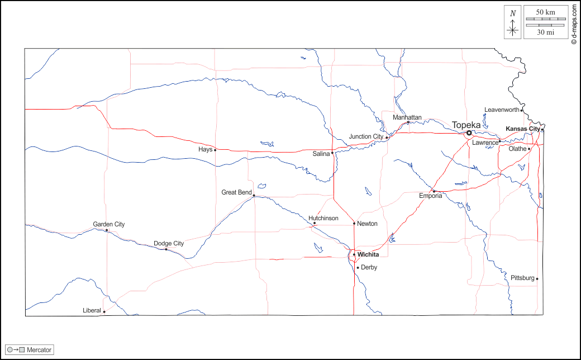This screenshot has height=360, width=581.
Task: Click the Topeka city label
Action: coord(466,125)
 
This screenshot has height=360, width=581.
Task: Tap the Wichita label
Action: coord(368,255)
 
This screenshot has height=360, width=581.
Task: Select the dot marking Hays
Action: coord(215,150)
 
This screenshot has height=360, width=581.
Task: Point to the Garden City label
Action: coord(109,224)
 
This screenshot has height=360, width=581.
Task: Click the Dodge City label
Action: coord(169,243)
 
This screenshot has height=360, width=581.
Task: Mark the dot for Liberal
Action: coord(104,312)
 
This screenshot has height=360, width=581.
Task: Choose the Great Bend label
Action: coord(236,192)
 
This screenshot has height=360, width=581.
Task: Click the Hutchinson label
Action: coord(323,218)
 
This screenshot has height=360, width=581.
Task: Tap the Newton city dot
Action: coord(354,224)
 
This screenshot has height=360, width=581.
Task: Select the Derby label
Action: coord(369,267)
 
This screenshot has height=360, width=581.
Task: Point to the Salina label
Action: coord(321,154)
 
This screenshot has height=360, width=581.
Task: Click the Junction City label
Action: coord(366,136)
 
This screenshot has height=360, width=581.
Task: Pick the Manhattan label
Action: coord(407,117)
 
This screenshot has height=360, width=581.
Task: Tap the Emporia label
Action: coord(431,196)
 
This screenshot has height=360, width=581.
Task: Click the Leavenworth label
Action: coord(502,110)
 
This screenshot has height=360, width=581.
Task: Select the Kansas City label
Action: coord(523,129)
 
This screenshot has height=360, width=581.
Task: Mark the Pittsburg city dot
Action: coord(537,278)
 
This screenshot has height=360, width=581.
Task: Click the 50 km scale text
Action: coord(546,12)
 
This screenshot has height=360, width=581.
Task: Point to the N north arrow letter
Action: coord(513,13)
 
